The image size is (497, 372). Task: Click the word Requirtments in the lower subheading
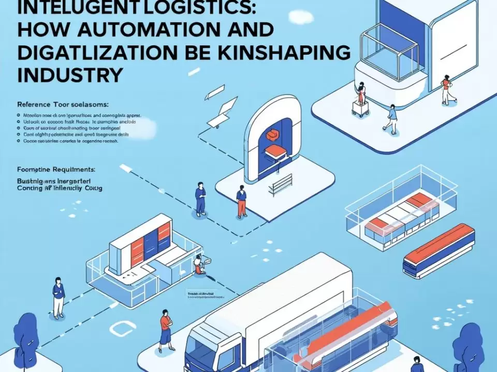77,168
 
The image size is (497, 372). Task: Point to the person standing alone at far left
58,297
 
